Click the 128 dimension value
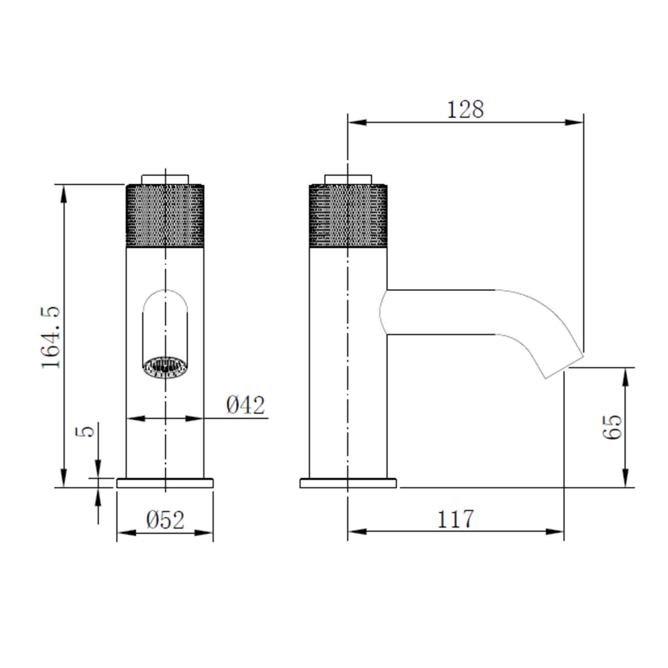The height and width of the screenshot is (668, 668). [x=465, y=110]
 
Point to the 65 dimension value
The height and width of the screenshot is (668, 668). [x=612, y=427]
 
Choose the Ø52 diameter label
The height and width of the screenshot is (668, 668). [x=165, y=520]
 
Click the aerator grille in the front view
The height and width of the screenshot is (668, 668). [x=165, y=367]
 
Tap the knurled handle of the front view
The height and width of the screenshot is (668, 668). [x=165, y=216]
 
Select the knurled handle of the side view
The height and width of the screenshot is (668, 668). [x=348, y=216]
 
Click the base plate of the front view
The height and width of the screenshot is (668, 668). [x=165, y=483]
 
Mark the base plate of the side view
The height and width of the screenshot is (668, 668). [x=348, y=483]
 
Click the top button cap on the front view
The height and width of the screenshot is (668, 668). [x=165, y=179]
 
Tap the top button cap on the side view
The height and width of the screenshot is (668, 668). [x=348, y=179]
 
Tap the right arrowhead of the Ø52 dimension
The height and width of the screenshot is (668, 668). [x=204, y=533]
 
